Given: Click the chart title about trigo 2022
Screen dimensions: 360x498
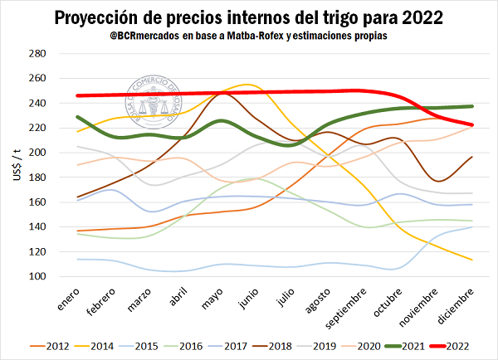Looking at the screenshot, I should click(249, 17).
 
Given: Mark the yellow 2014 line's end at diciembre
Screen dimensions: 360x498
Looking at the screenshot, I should click(472, 260).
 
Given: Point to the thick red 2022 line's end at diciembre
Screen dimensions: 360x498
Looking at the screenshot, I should click(472, 124).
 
